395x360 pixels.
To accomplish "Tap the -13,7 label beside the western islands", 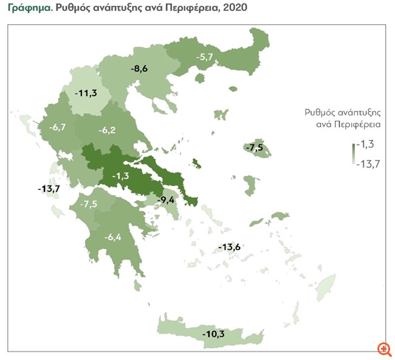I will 49,189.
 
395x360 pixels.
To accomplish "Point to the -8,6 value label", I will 139,69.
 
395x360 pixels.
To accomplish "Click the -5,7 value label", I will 205,57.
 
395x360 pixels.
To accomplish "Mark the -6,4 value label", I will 114,237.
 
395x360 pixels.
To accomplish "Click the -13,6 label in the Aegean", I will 230,247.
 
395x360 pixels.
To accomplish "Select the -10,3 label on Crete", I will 214,334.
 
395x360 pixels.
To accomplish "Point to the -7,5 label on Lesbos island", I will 253,148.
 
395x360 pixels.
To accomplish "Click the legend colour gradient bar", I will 353,153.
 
